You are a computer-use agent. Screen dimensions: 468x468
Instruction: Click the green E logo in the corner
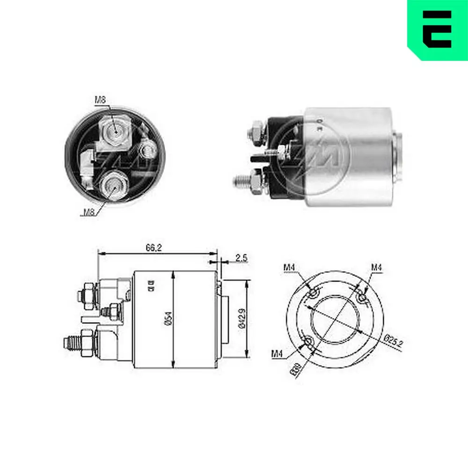tap(437, 29)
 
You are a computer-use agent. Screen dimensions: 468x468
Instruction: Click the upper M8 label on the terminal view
tap(100, 99)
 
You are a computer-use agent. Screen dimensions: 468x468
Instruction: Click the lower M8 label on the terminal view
tap(89, 212)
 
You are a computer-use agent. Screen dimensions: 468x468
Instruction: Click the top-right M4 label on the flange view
tap(377, 267)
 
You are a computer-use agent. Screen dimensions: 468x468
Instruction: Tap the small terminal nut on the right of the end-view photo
tap(149, 150)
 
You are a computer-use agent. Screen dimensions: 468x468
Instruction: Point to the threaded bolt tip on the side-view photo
tap(240, 180)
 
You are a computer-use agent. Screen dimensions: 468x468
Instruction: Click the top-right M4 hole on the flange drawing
tap(361, 297)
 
